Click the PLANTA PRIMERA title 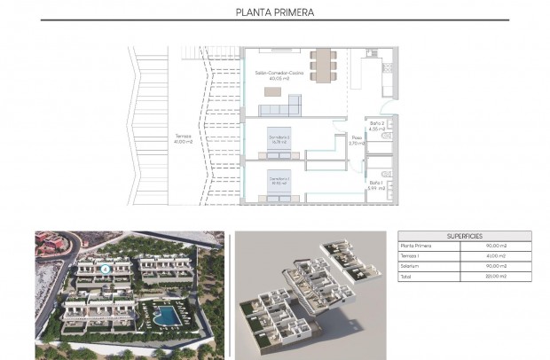(x=275, y=12)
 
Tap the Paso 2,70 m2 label (x=357, y=139)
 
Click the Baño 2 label (x=376, y=125)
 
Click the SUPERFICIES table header (x=465, y=237)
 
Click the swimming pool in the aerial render (x=165, y=315)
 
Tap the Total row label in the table (x=407, y=276)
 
